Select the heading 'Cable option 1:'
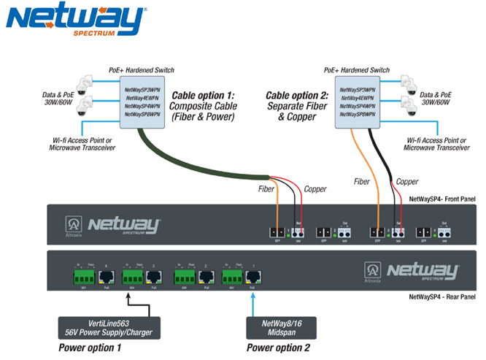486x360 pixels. (x=203, y=96)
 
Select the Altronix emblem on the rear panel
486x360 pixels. (x=371, y=272)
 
